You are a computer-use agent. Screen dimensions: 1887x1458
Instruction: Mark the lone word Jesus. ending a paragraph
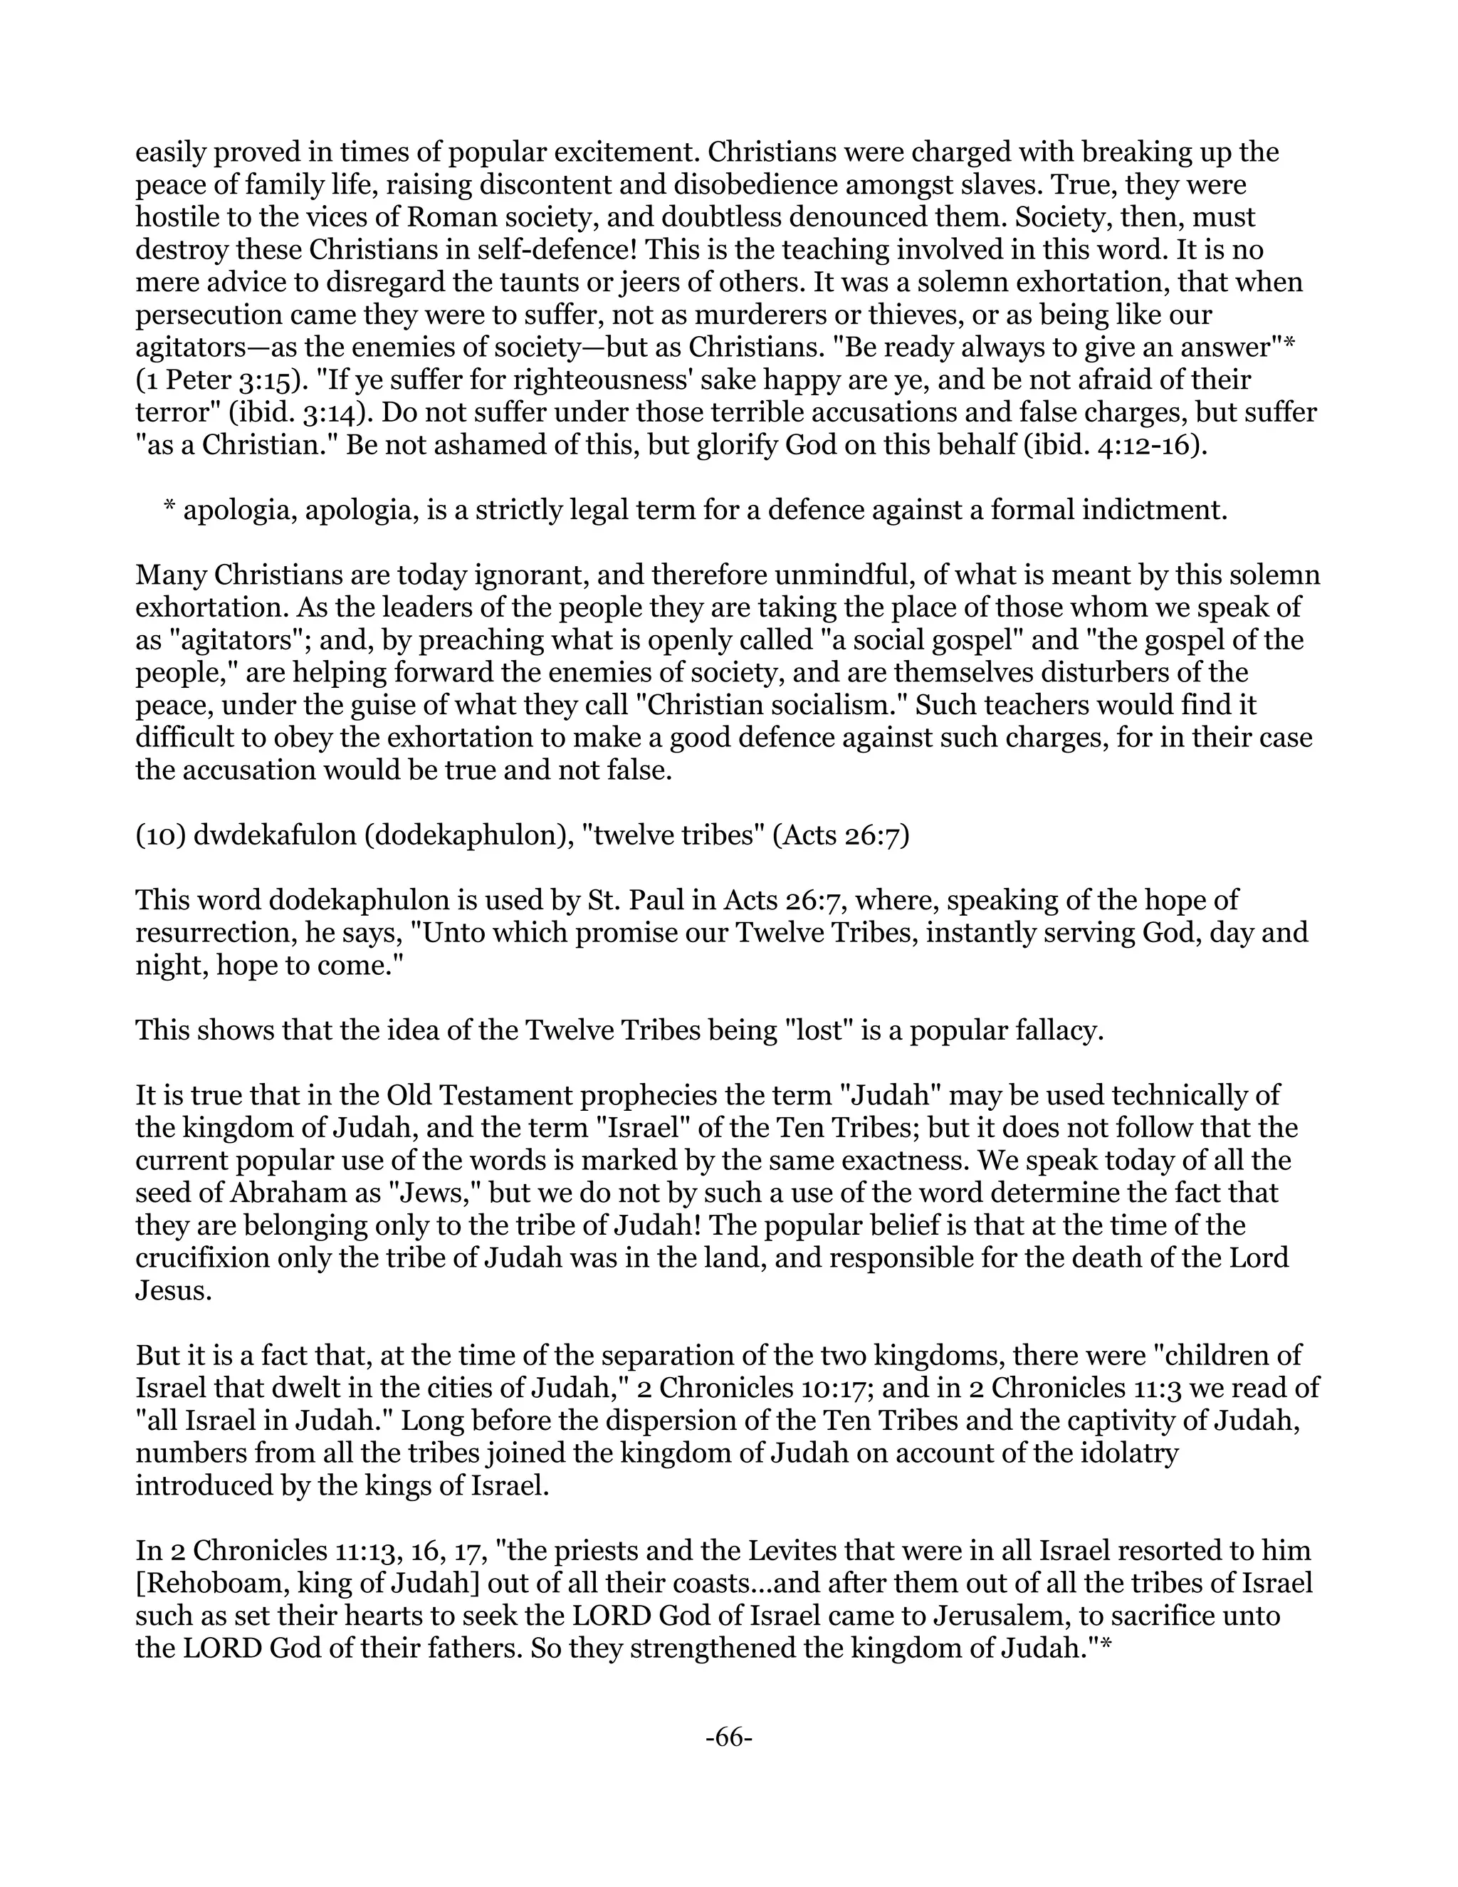174,1291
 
